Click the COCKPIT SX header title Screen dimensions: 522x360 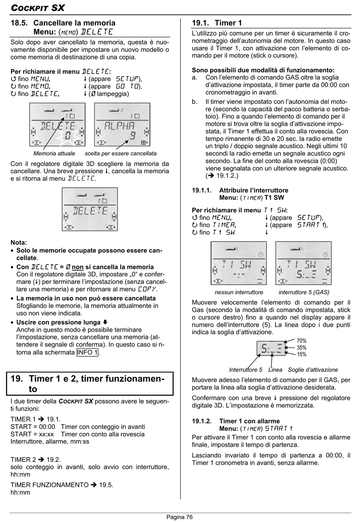[38, 8]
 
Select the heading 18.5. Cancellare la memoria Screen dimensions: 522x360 [63, 23]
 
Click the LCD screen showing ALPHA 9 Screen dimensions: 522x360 [122, 125]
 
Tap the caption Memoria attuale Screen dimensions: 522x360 [54, 154]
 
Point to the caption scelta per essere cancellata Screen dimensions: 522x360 [121, 154]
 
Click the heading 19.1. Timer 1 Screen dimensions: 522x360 [217, 23]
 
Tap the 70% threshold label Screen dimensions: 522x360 [302, 341]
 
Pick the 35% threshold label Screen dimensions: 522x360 [302, 348]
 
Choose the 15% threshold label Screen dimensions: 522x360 [302, 354]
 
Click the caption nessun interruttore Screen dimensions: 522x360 [239, 292]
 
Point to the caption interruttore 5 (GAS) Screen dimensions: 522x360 [304, 292]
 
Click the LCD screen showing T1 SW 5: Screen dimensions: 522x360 [304, 263]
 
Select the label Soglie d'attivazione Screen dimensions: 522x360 [313, 370]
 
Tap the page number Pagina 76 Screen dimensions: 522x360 [180, 517]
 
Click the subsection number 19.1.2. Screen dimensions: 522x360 [202, 421]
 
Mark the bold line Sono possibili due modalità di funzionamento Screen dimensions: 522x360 [263, 70]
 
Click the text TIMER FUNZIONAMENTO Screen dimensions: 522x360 [50, 485]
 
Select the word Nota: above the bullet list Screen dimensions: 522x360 [19, 243]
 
